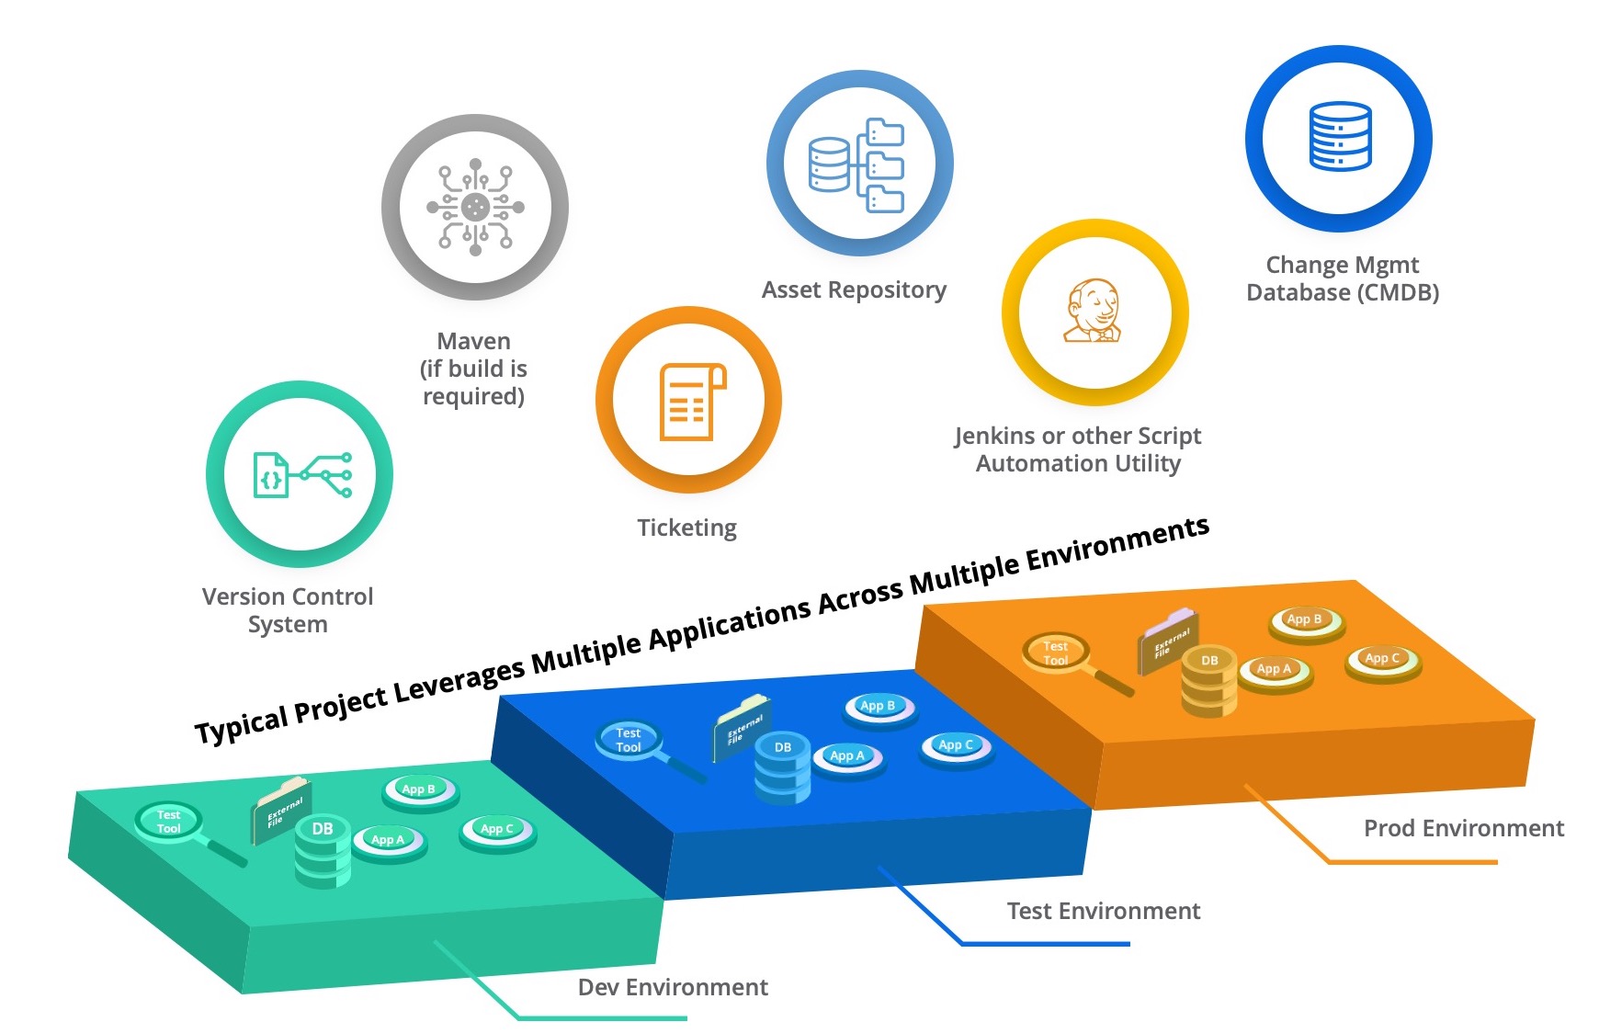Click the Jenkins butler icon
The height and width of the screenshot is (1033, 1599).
pos(1094,312)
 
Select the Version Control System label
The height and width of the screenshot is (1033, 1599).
pos(288,610)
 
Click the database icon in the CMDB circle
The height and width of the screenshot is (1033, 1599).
pos(1340,137)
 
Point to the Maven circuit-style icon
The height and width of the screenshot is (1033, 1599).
pos(475,207)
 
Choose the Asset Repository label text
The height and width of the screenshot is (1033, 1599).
pos(854,290)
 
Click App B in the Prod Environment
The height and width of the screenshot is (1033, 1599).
pos(1304,620)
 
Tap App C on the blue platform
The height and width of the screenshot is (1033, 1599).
pos(956,745)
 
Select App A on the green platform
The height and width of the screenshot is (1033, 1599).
pos(388,840)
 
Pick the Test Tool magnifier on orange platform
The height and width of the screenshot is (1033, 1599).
pos(1056,653)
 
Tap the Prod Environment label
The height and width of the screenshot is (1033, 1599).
pos(1463,829)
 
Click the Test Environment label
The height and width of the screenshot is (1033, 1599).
pos(1103,912)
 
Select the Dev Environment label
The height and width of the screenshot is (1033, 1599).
pos(673,988)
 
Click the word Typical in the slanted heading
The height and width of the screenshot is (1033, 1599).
pos(241,723)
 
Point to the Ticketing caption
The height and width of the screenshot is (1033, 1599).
pos(686,528)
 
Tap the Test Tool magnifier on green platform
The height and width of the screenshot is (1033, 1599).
pos(169,822)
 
